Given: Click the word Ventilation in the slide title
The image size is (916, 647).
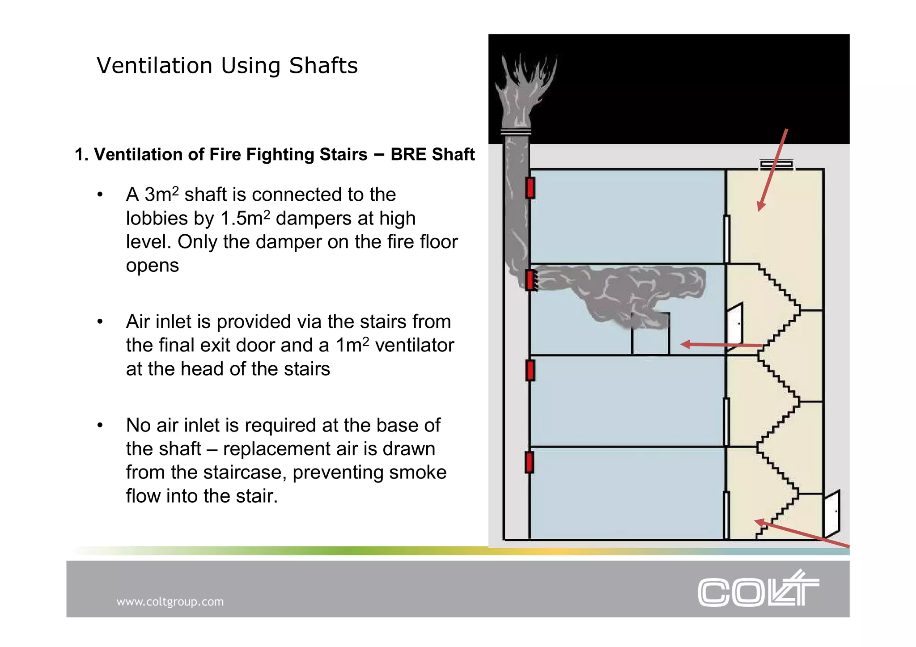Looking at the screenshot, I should click(x=154, y=66).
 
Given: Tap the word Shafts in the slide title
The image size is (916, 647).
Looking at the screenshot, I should click(x=323, y=66).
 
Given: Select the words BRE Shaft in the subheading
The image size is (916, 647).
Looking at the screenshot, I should click(x=432, y=154).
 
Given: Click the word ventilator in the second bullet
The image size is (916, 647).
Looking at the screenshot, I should click(x=414, y=345).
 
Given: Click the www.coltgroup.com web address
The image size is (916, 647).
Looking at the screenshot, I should click(x=170, y=601).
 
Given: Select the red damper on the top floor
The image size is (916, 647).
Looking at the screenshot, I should click(x=530, y=188).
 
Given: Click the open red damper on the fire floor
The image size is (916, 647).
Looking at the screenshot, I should click(x=531, y=280).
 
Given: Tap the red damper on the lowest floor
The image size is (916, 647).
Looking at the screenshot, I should click(x=530, y=462).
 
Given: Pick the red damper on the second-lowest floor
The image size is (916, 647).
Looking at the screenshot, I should click(x=530, y=371).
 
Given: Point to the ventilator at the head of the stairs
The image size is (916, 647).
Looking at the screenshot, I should click(x=776, y=165).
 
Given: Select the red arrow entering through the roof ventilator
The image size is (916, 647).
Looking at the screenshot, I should click(x=772, y=170).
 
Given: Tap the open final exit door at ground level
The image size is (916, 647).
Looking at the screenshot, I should click(x=831, y=513).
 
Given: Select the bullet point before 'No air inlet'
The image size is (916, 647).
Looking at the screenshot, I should click(x=100, y=425).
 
